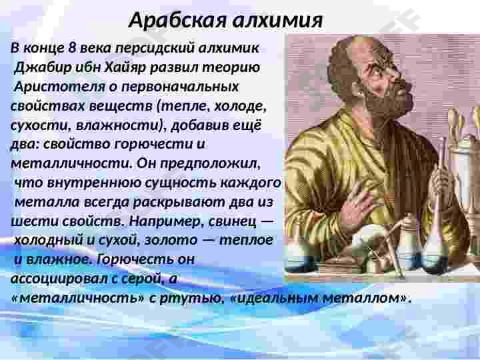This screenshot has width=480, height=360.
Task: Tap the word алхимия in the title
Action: pyautogui.click(x=277, y=21)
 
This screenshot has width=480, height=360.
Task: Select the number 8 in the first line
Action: pyautogui.click(x=72, y=48)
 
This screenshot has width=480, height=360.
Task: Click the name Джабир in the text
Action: pyautogui.click(x=43, y=67)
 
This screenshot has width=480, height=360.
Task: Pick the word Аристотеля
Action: pyautogui.click(x=60, y=87)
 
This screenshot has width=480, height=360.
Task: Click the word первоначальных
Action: pyautogui.click(x=180, y=87)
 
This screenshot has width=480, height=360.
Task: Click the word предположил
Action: pyautogui.click(x=210, y=164)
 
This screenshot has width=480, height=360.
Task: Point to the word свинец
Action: pyautogui.click(x=233, y=221)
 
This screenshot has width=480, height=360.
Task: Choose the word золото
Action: pyautogui.click(x=171, y=240)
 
